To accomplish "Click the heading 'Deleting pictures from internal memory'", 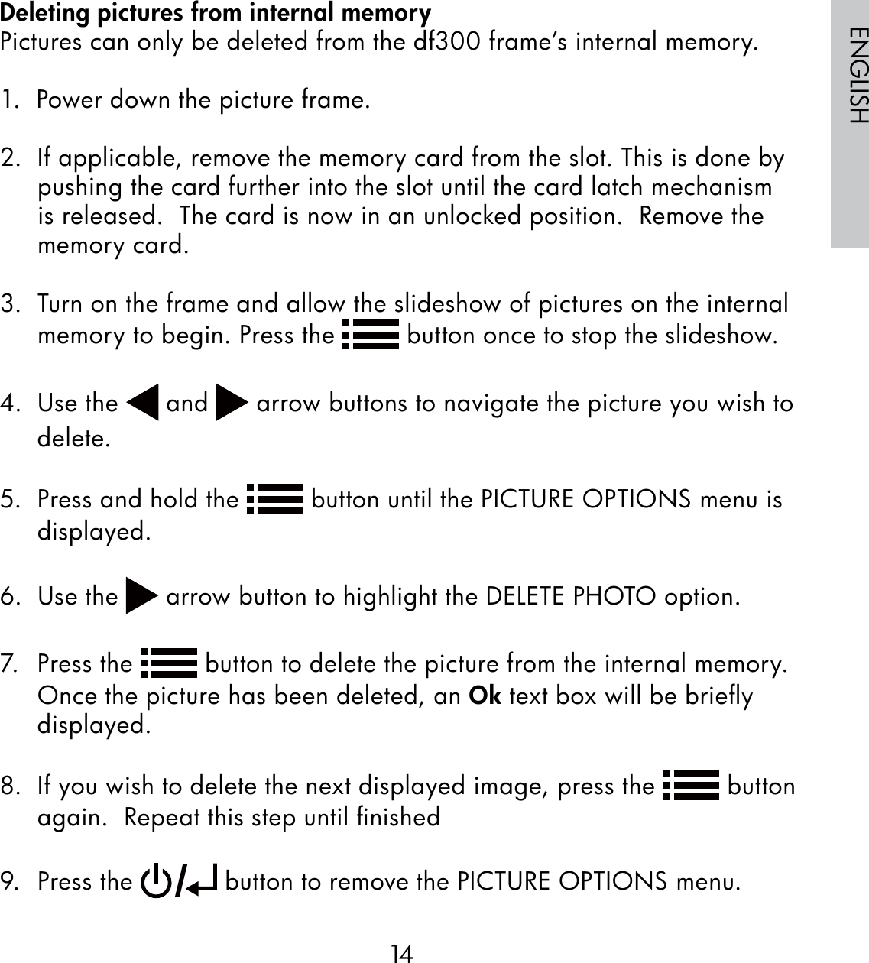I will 216,13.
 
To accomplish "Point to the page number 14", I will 401,953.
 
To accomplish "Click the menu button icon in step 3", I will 371,336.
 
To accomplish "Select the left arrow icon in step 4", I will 142,404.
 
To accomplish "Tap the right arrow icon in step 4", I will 232,404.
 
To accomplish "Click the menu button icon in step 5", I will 277,500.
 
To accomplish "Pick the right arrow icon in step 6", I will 141,597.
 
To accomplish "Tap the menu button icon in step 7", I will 170,663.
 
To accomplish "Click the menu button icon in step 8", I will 691,786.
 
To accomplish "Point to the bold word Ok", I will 484,695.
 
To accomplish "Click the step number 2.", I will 11,159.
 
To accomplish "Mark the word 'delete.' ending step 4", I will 73,439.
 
